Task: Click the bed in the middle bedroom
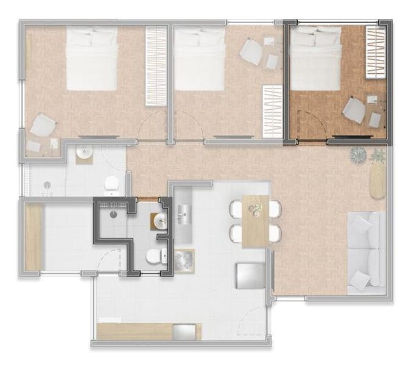[x=200, y=58]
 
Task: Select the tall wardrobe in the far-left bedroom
[x=156, y=64]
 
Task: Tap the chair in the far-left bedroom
[x=43, y=125]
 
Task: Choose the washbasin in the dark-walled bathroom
[x=161, y=221]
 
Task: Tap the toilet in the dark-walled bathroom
[x=155, y=257]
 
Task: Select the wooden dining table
[x=256, y=221]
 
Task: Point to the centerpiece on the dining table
[x=255, y=209]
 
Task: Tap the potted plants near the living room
[x=368, y=156]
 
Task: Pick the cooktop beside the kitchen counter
[x=184, y=261]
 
